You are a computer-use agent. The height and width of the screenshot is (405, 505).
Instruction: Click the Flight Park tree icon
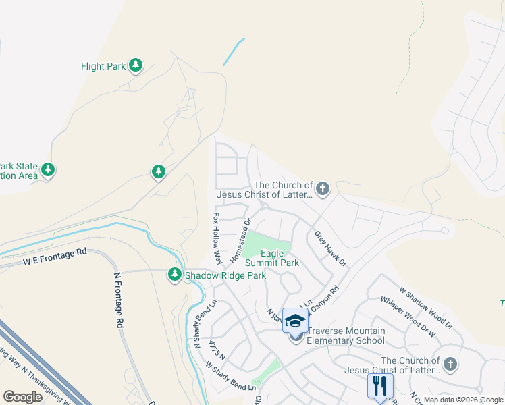click(136, 65)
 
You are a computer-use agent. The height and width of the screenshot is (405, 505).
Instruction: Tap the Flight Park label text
click(103, 66)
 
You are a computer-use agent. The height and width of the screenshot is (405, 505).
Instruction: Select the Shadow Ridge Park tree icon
click(175, 275)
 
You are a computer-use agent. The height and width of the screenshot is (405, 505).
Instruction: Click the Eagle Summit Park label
click(271, 258)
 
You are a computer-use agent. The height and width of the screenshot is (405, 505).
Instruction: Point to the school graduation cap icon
click(295, 320)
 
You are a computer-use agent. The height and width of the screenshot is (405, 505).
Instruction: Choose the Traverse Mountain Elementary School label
click(346, 335)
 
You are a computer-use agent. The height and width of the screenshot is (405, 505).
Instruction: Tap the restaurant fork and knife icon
click(380, 386)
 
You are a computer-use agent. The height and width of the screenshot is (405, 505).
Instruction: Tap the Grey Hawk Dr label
click(330, 248)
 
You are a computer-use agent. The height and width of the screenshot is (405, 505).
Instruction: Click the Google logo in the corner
click(22, 397)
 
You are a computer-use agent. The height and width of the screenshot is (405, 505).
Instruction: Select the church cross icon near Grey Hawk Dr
click(323, 188)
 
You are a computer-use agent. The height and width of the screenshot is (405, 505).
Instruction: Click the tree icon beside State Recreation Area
click(47, 169)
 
